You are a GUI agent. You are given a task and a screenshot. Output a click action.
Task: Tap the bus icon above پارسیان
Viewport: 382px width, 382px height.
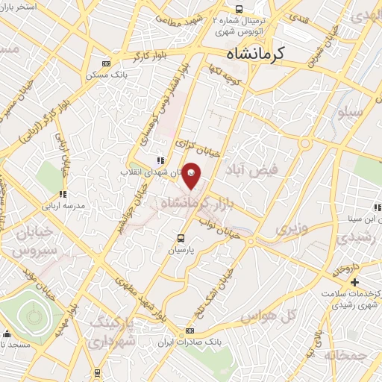coord(181,239)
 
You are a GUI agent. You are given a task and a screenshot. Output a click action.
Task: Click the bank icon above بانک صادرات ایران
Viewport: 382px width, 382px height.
coord(190,330)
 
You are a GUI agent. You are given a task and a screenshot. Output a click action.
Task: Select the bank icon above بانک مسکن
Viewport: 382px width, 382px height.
coord(105,63)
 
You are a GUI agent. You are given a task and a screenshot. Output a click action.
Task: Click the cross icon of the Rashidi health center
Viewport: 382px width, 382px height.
coord(354,282)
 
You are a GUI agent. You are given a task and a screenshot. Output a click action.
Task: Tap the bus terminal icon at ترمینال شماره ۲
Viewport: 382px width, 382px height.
coord(238,9)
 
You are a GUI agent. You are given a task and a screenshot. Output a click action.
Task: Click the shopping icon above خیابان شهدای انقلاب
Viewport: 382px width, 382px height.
coord(160,160)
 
